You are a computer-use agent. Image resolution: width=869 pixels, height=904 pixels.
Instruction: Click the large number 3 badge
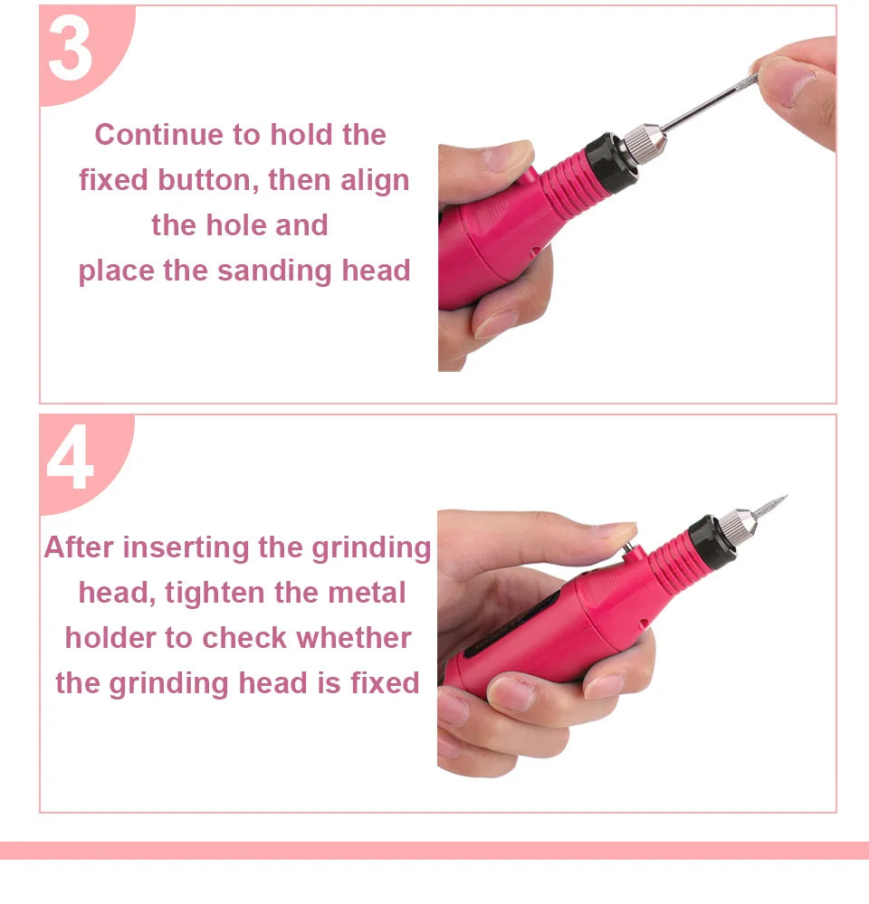[71, 50]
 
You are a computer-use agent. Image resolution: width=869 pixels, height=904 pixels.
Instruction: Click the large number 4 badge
[71, 457]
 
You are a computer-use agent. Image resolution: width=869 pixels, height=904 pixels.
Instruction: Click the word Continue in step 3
[159, 135]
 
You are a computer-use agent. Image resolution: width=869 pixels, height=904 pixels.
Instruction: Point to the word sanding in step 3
[274, 271]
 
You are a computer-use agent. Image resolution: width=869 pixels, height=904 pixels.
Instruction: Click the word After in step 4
[79, 547]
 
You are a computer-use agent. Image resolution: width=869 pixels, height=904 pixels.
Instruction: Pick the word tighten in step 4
[215, 594]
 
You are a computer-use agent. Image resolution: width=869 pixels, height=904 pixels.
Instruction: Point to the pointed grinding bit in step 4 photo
[769, 506]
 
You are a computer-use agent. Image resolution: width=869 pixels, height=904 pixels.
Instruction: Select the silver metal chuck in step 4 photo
[736, 526]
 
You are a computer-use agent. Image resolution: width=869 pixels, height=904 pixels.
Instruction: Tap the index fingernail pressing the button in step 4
[614, 530]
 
